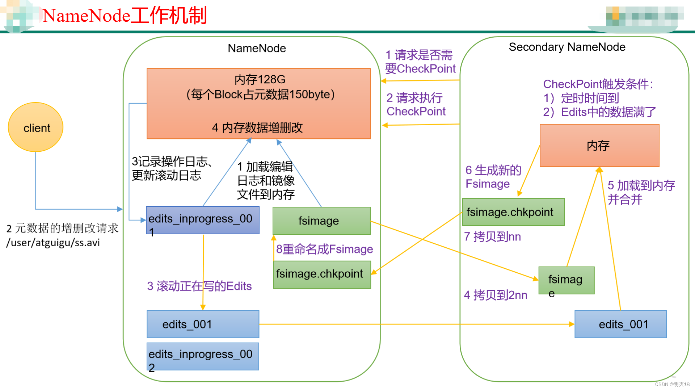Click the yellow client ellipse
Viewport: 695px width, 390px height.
pos(35,127)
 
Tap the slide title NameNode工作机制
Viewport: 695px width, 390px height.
pos(125,16)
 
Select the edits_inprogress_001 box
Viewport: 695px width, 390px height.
pos(202,220)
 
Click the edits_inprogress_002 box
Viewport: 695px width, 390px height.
pos(202,356)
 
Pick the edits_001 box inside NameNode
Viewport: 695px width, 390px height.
pos(202,324)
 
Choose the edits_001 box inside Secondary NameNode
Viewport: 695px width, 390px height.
pos(620,324)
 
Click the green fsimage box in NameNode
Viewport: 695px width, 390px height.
pos(321,221)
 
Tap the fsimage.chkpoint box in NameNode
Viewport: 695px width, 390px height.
pos(321,274)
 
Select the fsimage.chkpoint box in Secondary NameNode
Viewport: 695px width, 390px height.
pos(513,212)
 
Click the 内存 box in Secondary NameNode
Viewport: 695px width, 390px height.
pos(599,146)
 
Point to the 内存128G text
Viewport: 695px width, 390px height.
pos(260,79)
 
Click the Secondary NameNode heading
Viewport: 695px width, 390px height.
pos(567,47)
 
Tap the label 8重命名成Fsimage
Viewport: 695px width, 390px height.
pos(324,249)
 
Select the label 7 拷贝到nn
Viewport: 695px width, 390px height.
pos(492,237)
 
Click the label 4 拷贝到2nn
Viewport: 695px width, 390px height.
pos(495,295)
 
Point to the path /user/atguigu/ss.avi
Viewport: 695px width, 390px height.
pos(53,243)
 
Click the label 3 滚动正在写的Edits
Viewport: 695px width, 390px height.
pos(199,286)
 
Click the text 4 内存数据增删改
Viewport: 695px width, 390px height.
pos(257,127)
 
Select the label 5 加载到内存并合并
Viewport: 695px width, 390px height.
pos(641,192)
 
